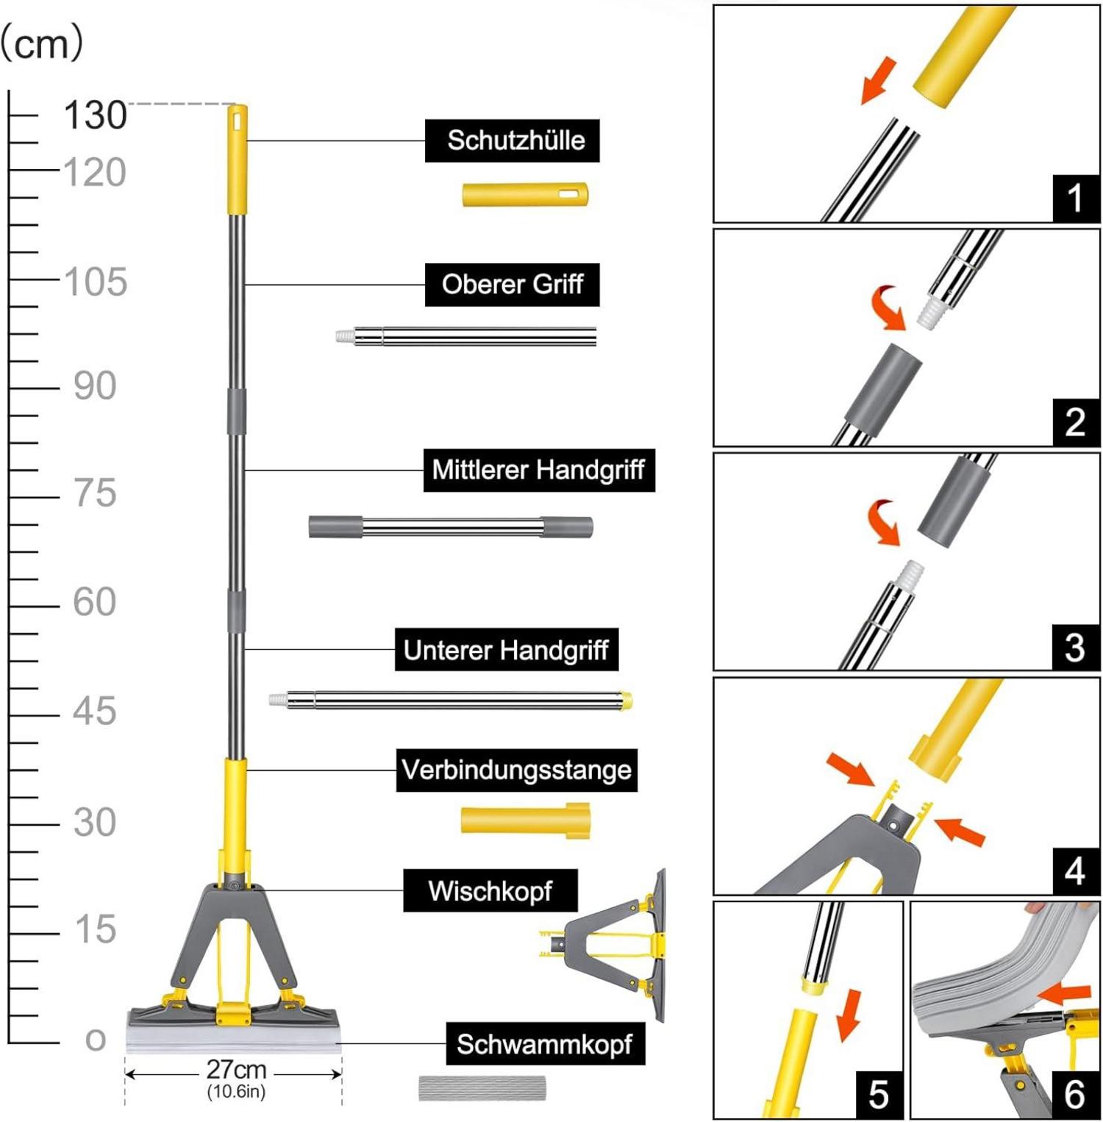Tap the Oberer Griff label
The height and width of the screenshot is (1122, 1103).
pos(512,285)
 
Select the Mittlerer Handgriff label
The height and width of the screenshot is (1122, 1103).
pos(538,470)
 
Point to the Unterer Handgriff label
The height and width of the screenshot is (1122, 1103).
pos(506,649)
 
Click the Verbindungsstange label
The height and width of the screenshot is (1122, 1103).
pos(516,770)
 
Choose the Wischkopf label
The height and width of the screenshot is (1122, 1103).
pos(490,890)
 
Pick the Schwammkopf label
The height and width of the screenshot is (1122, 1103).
pos(545,1043)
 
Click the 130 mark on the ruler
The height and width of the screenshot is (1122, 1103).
pos(95,115)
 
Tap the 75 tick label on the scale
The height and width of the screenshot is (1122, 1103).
pos(95,493)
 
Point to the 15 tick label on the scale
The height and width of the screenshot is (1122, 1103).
pos(95,929)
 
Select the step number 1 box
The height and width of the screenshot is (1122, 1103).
pos(1076,198)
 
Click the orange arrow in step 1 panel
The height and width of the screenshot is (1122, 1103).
pos(879,79)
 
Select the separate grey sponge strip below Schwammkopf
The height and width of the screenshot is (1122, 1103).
pos(482,1088)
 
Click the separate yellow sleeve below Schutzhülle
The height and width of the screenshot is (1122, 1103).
pos(525,195)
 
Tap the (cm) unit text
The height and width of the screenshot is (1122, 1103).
pos(42,43)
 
